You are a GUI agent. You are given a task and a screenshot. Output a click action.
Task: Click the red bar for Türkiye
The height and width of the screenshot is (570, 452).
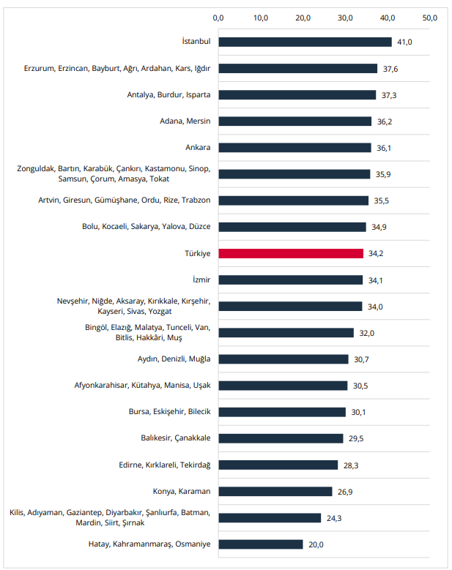coord(291,253)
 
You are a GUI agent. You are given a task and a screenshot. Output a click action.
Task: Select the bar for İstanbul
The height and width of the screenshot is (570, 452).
coord(305,42)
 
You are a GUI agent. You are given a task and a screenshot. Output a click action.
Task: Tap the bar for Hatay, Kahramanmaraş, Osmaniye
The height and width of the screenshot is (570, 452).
coord(261,544)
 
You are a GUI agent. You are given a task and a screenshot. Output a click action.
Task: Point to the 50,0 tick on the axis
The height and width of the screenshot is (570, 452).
coord(430,17)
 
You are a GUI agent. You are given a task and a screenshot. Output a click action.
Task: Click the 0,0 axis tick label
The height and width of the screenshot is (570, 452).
coord(218,17)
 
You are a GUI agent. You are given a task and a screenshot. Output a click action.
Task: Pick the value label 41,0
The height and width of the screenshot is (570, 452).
coord(404,42)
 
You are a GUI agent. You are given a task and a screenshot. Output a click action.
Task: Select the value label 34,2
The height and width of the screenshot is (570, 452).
coord(376,253)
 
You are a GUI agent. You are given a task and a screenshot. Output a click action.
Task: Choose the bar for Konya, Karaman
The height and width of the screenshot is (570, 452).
coord(275,491)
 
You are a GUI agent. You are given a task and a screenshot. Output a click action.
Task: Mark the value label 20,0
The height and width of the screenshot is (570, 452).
coord(316,544)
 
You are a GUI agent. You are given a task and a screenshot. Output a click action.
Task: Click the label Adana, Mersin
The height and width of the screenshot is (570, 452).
coord(185,121)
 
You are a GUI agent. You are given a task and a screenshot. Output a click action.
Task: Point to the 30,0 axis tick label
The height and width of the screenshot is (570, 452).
coord(346,17)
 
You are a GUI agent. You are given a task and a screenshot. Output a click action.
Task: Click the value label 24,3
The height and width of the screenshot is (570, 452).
coord(334,517)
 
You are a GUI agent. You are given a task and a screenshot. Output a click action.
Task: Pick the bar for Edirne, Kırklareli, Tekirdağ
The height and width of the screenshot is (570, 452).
coord(278,465)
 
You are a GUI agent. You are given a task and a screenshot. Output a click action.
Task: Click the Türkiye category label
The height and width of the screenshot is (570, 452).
coord(197,253)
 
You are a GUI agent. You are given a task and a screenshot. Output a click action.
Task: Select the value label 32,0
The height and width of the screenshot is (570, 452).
coord(366,332)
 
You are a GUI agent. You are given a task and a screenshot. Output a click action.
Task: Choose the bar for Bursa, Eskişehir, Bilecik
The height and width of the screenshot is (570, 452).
coord(282,412)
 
